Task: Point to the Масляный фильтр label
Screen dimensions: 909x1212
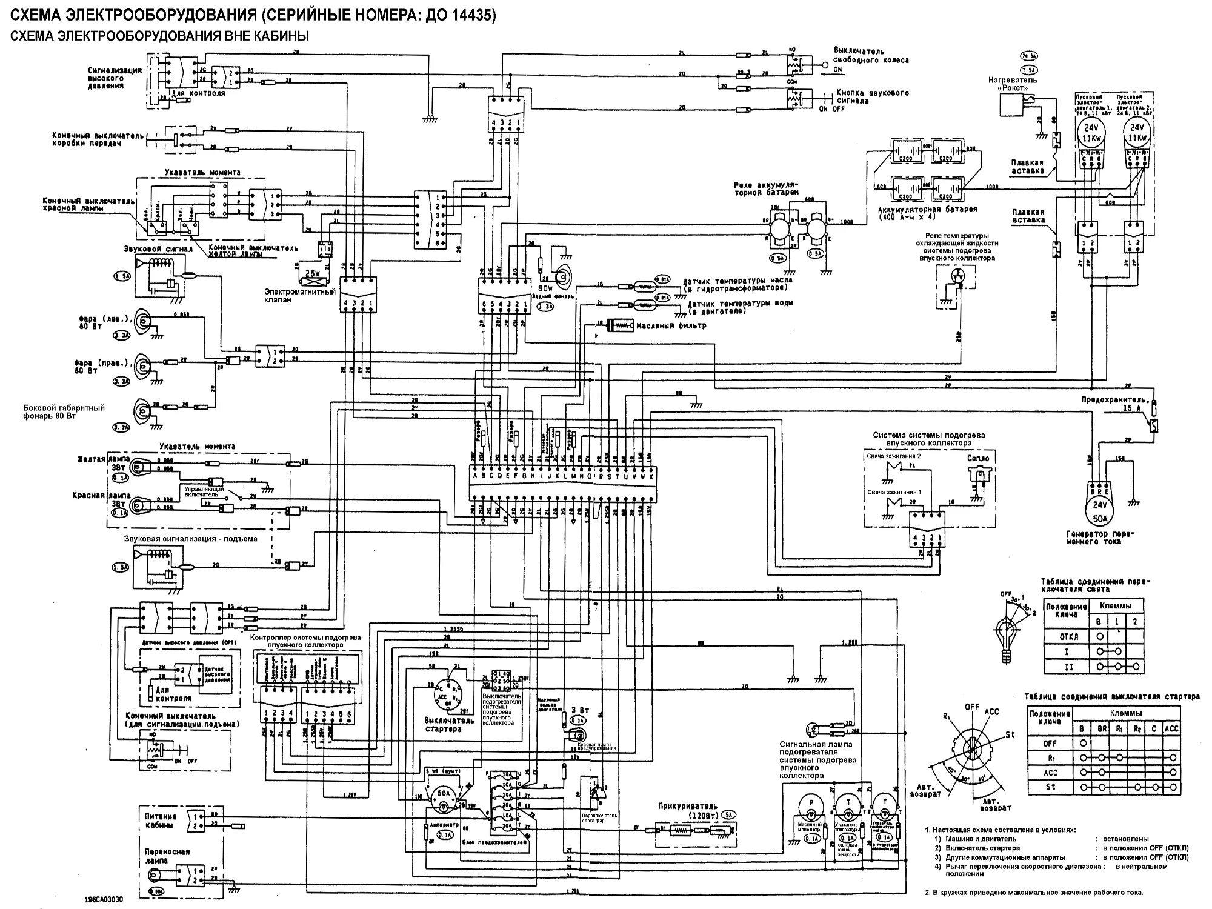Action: point(671,326)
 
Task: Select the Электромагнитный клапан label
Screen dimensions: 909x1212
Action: point(299,296)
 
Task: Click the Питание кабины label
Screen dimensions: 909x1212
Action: point(160,821)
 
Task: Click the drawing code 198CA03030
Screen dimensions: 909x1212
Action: point(104,900)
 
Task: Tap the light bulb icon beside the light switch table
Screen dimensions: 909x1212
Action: point(1007,639)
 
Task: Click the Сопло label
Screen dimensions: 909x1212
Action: point(979,458)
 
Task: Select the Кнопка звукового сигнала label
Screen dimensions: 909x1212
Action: point(873,97)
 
